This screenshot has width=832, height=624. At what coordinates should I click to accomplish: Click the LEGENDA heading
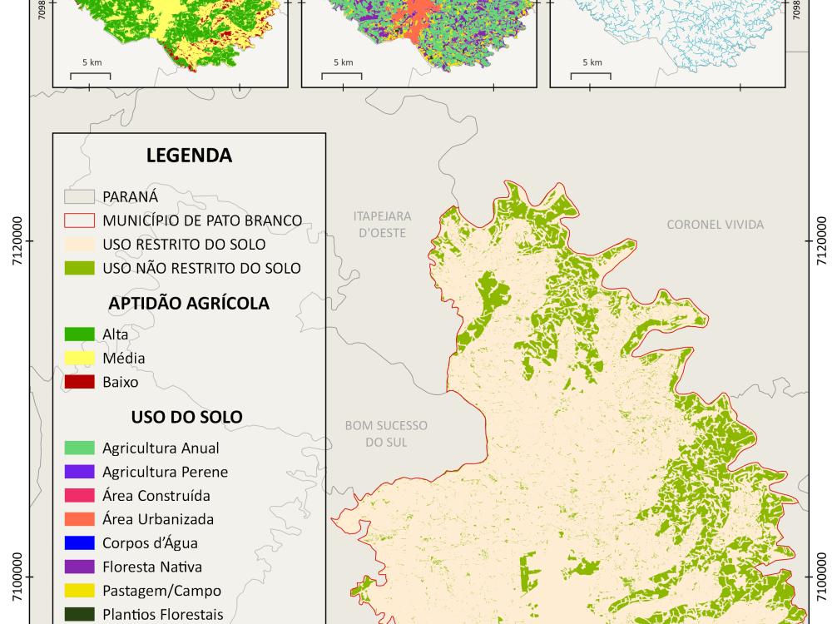point(189,156)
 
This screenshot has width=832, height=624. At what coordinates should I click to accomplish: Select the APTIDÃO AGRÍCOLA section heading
point(189,304)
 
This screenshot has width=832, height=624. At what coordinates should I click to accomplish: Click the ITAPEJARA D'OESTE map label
point(382,225)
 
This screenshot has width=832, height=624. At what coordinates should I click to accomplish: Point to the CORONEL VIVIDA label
point(715,225)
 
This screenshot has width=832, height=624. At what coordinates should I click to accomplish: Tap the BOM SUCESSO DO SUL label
point(386,433)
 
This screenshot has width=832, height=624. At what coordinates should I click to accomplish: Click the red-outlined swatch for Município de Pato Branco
point(79,220)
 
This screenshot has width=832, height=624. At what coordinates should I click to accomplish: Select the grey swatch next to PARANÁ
point(79,196)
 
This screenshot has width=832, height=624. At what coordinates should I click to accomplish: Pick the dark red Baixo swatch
point(79,382)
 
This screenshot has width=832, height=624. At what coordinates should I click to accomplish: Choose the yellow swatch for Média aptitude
point(79,358)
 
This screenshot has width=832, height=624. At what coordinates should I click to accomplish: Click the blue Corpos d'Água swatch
point(79,542)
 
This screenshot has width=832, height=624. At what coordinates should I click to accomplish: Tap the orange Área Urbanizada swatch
point(79,519)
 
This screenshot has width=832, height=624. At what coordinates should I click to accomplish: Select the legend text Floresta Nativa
point(152,567)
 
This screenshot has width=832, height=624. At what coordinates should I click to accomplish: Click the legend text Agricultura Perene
point(165,472)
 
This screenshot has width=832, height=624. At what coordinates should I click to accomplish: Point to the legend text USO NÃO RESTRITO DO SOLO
point(201,268)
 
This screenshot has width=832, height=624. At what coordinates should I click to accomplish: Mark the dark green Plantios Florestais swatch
point(79,614)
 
